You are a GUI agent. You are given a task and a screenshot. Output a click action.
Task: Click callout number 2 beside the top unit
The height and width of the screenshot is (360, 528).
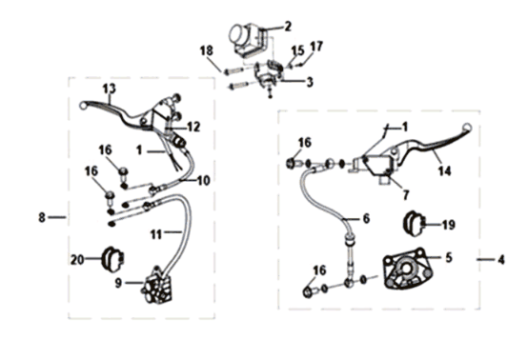[x=287, y=27]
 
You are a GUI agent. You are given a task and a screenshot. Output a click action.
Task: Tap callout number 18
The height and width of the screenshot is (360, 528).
[x=207, y=50]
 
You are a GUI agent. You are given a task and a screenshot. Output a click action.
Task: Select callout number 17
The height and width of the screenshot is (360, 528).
[x=316, y=46]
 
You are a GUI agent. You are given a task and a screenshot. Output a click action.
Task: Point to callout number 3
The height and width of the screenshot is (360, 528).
[x=310, y=82]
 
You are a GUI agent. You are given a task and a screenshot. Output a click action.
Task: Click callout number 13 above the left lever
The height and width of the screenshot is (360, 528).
[x=109, y=89]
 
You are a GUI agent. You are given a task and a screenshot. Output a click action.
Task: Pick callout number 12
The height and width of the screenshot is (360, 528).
[x=193, y=127]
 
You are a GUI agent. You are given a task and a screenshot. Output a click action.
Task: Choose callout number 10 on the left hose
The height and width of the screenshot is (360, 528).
[x=204, y=181]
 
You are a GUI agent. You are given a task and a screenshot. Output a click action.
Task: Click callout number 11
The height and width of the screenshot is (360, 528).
[x=156, y=234]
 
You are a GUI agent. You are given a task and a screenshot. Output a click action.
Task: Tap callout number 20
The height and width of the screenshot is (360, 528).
[x=77, y=259]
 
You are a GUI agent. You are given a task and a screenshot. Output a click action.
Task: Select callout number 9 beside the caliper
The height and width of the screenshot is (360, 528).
[x=118, y=283]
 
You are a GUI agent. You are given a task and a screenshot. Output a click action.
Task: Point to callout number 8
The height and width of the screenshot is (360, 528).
[x=42, y=217]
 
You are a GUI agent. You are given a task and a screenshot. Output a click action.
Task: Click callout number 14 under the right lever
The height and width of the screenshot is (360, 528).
[x=444, y=170]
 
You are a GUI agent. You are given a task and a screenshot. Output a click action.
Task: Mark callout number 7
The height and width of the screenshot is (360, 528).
[x=406, y=194]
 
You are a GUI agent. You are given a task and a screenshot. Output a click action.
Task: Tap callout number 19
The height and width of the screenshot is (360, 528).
[x=449, y=225]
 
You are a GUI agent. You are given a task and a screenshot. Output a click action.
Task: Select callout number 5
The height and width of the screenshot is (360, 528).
[x=449, y=258]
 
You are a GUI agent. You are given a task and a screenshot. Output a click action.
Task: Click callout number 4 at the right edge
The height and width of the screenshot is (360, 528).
[x=501, y=260]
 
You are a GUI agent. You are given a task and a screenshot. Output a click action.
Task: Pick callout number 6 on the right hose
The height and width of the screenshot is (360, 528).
[x=366, y=219]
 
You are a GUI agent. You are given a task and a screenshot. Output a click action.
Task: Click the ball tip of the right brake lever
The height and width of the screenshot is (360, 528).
[x=467, y=128]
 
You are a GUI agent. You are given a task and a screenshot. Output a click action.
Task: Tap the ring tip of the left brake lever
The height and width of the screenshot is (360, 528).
[x=83, y=106]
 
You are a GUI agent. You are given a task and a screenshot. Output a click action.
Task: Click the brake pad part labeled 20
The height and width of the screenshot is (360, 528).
[x=112, y=259]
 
